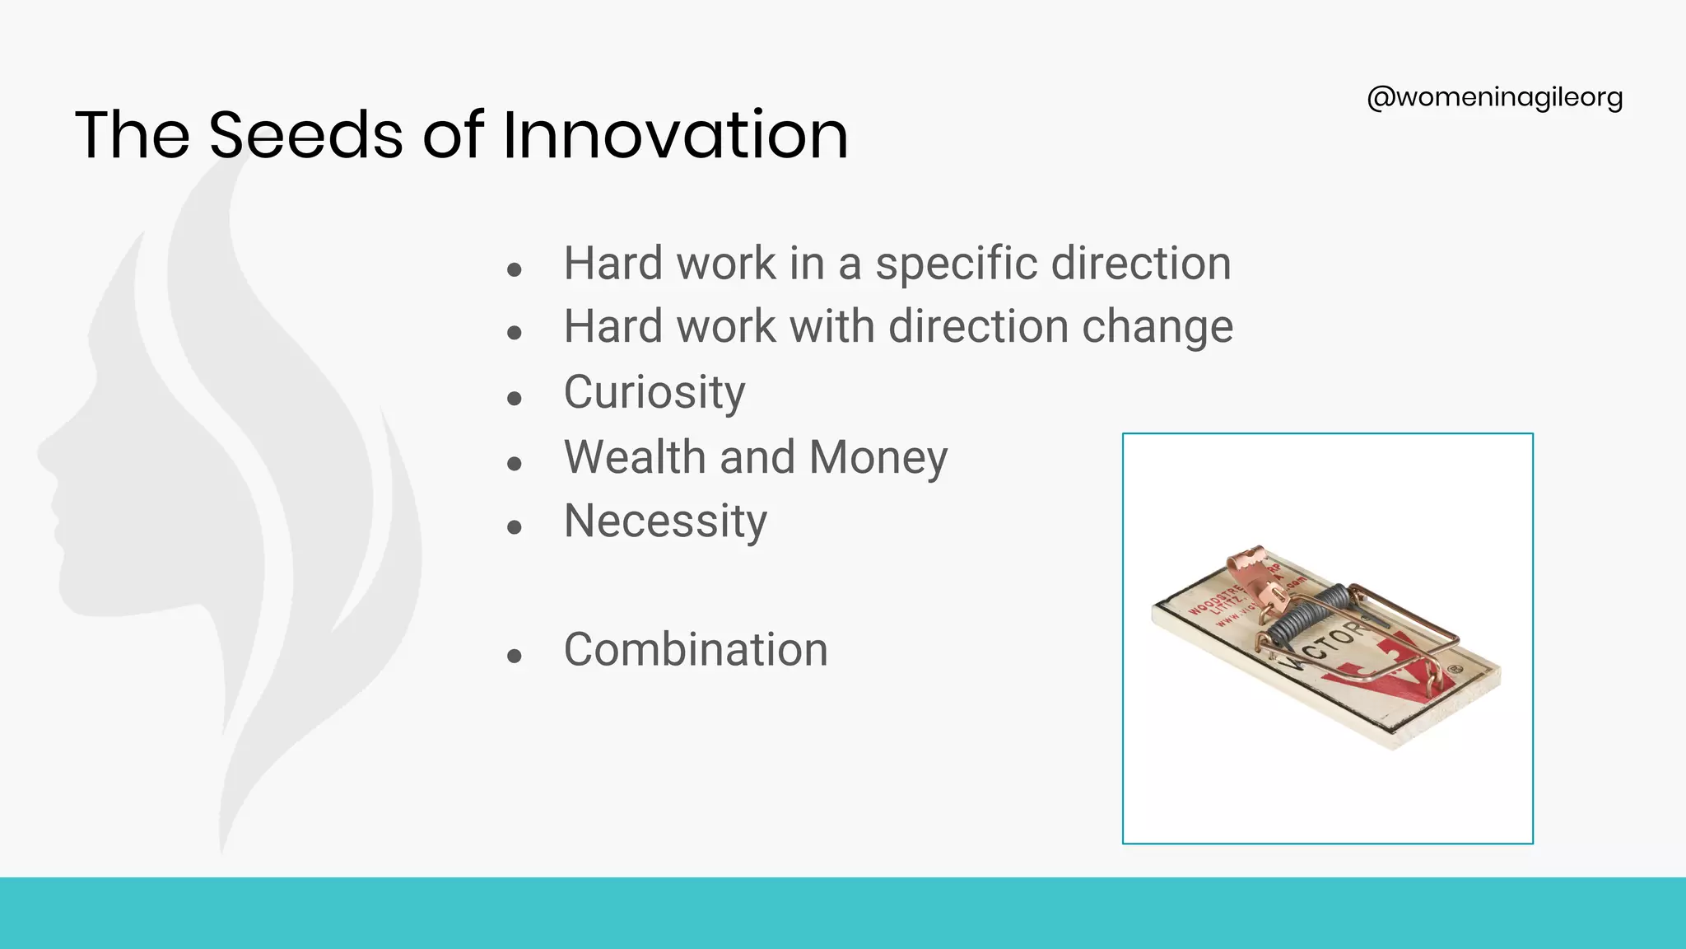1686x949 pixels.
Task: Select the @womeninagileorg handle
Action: tap(1494, 97)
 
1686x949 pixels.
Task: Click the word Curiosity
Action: tap(654, 392)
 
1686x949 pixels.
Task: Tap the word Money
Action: tap(878, 457)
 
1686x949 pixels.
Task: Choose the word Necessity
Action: tap(665, 521)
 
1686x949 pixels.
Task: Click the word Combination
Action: tap(696, 650)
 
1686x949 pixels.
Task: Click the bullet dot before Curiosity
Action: tap(515, 399)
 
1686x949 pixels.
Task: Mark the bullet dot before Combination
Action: tap(515, 657)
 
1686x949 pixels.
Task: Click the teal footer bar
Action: tap(843, 913)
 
